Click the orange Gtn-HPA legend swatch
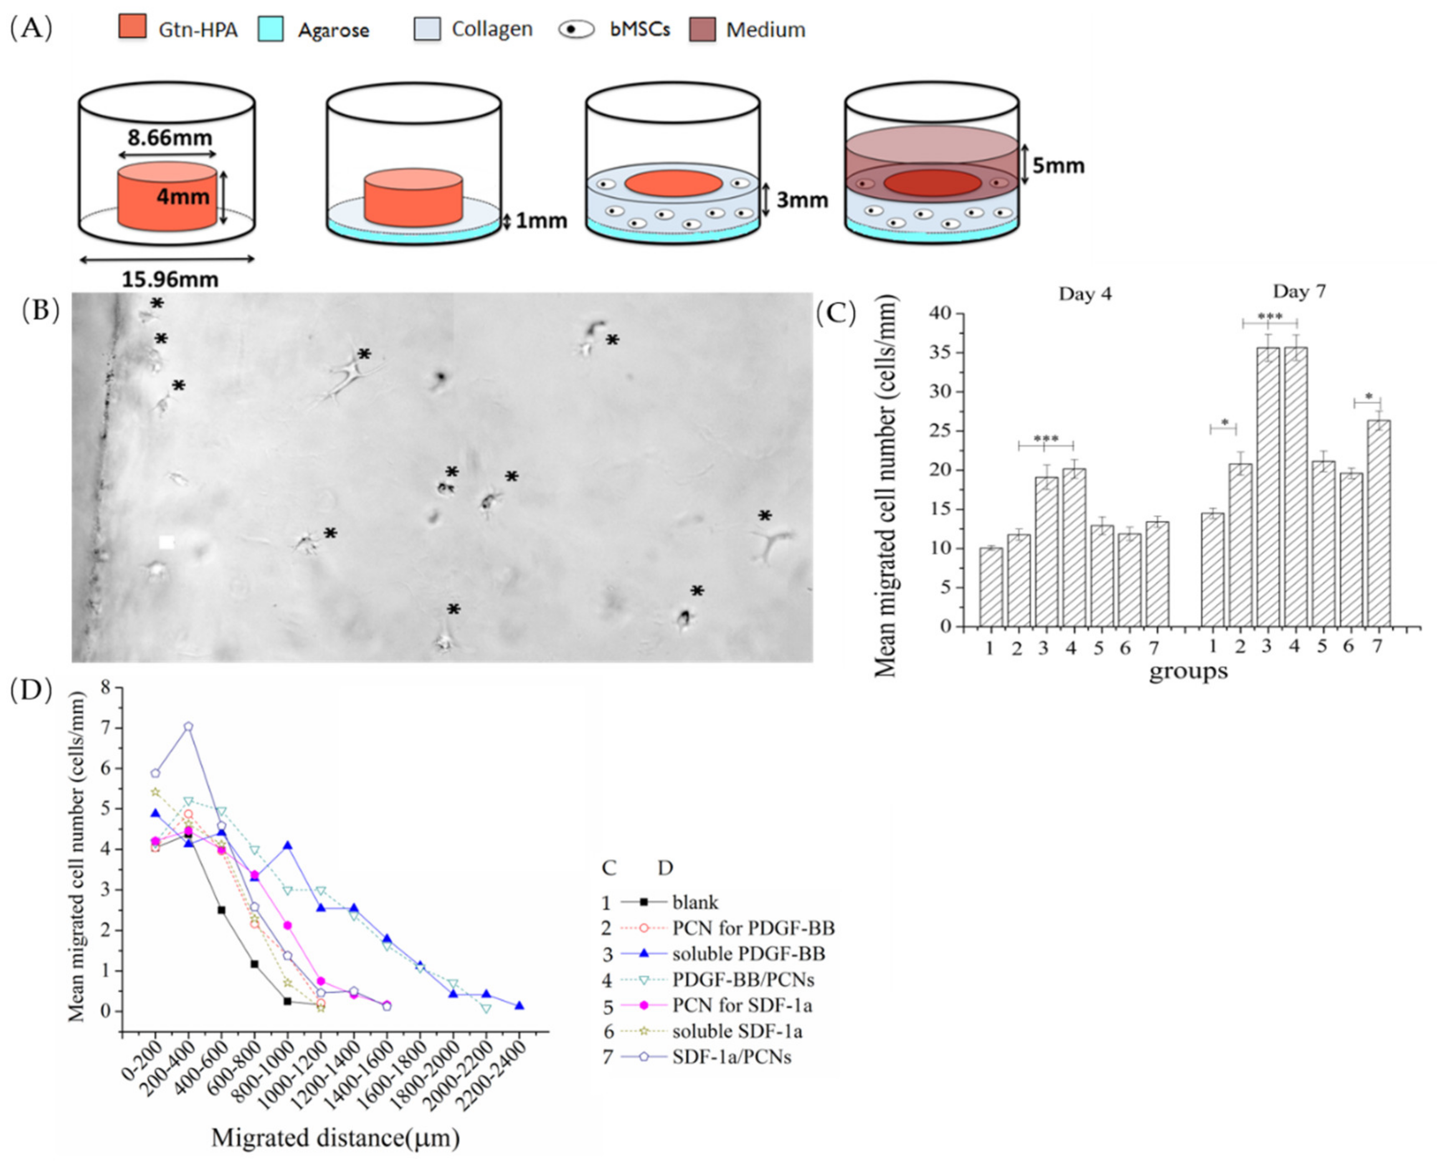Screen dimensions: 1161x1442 coord(132,29)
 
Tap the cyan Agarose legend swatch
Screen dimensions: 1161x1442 coord(270,29)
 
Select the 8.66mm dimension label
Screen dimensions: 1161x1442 coord(170,138)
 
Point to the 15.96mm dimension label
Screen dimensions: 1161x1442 coord(170,279)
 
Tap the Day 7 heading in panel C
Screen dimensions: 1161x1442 coord(1299,291)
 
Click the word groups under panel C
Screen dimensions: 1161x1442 coord(1189,671)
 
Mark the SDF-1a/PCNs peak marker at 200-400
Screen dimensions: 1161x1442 coord(189,726)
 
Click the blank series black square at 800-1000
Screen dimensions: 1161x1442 coord(288,1001)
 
